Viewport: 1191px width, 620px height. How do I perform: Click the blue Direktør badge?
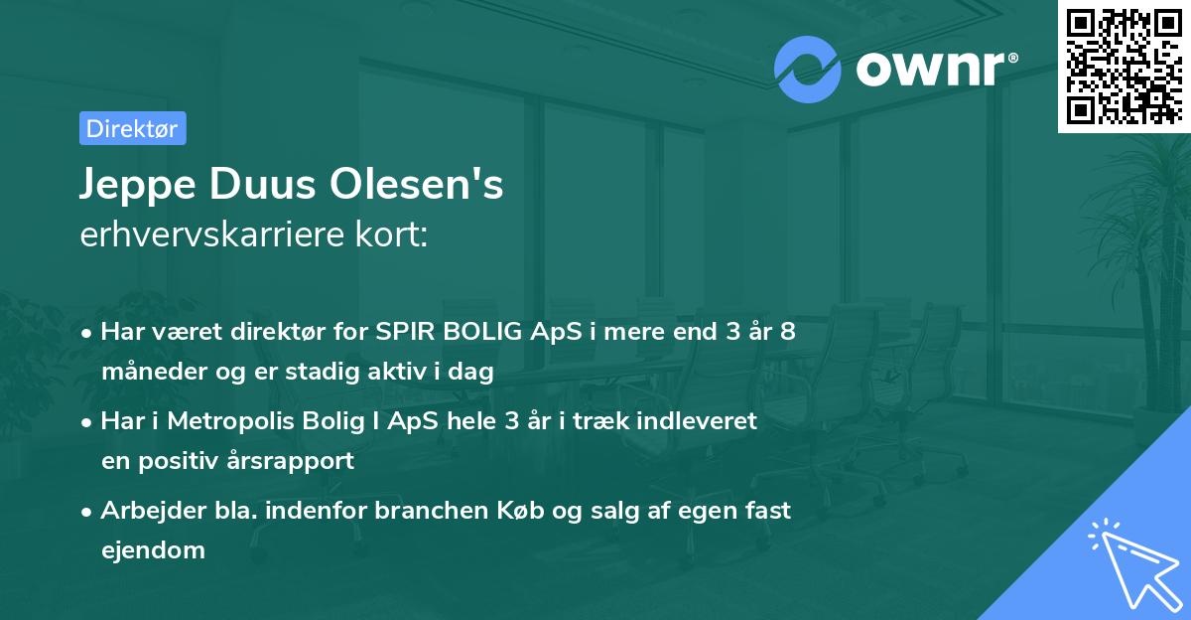132,128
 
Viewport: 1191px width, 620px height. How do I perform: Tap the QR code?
1124,67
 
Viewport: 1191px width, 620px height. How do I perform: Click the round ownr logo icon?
808,70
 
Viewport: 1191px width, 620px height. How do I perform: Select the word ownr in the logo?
930,70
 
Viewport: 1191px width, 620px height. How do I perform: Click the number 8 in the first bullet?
787,332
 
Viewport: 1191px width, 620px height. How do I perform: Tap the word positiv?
186,461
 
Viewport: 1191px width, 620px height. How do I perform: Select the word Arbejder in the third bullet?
145,511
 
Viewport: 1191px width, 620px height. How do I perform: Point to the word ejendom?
153,549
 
